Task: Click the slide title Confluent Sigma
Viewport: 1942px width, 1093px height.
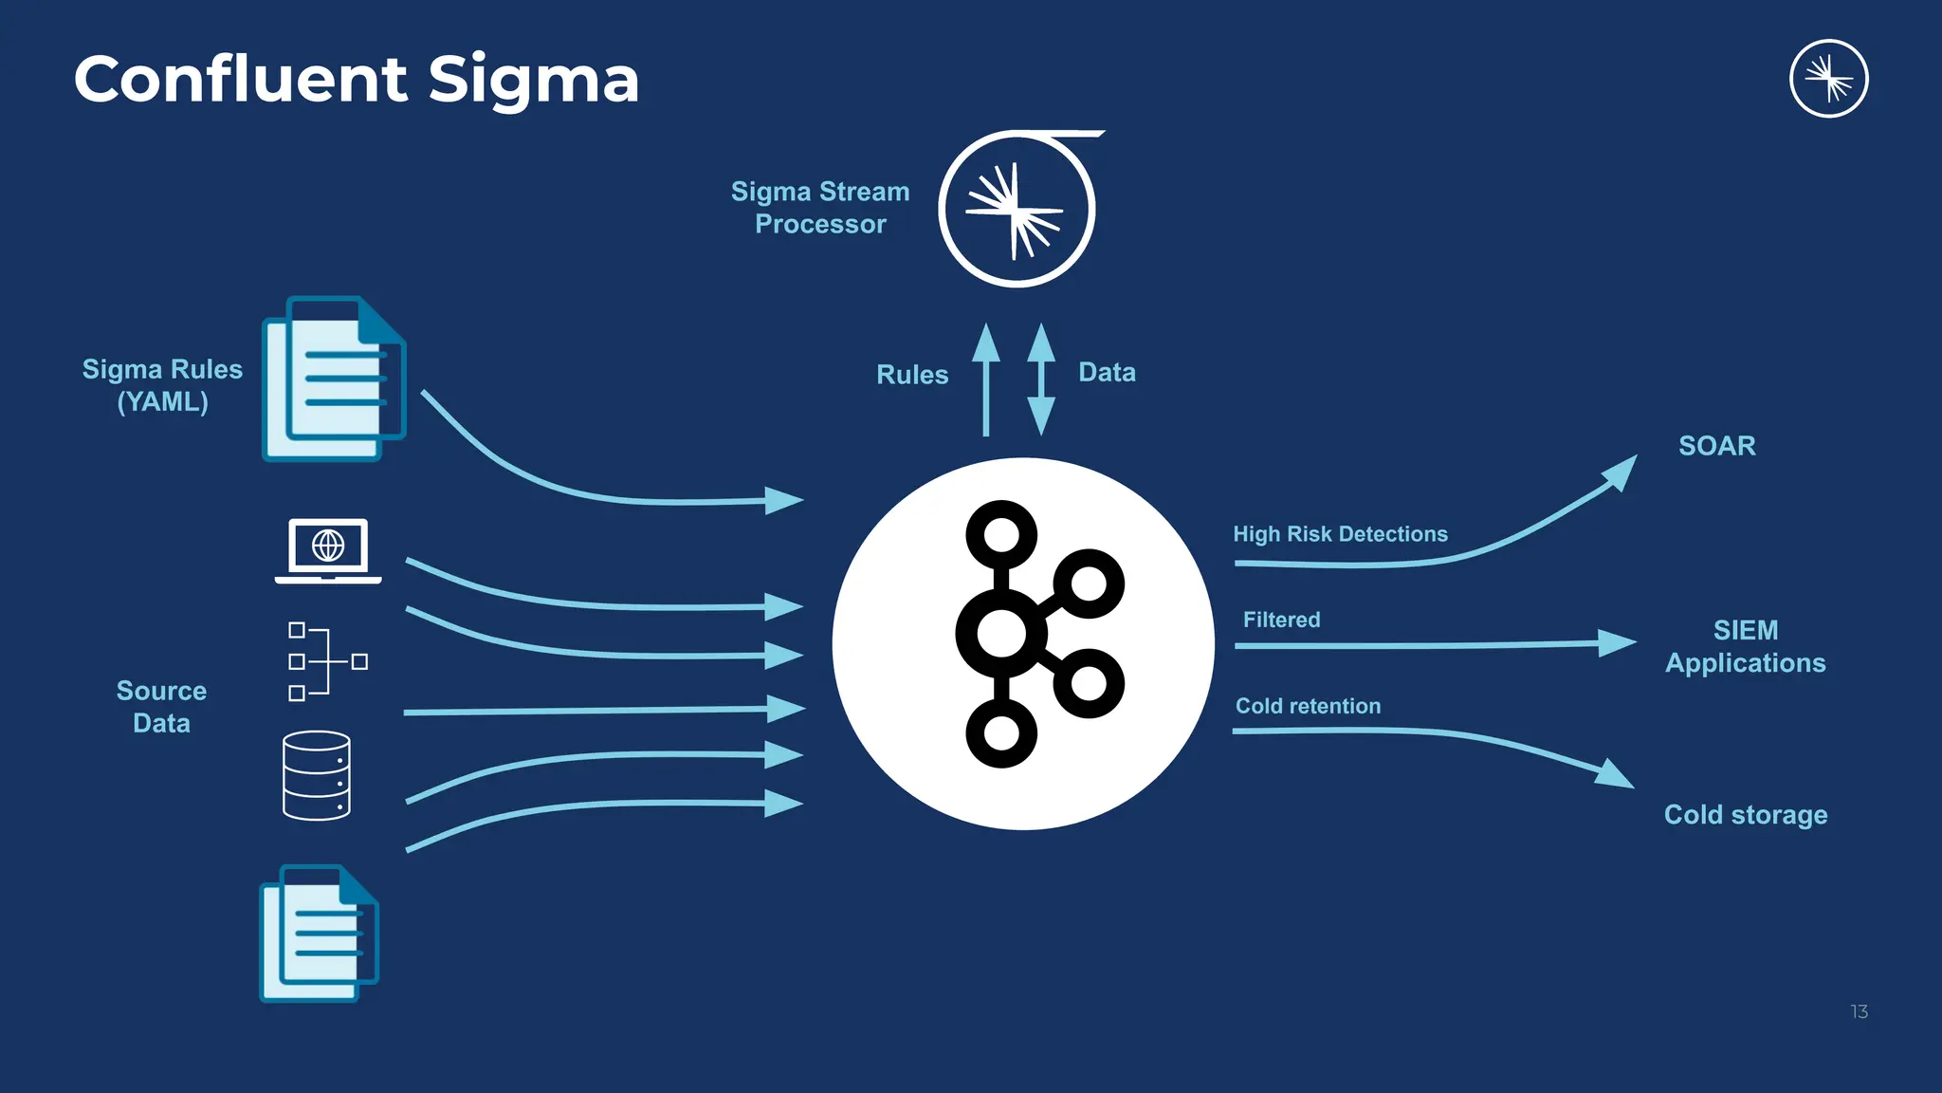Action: point(356,79)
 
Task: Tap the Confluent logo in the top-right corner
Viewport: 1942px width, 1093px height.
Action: point(1828,79)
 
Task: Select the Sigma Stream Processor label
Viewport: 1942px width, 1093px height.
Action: point(820,208)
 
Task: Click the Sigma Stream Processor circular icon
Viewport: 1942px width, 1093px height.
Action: point(1017,210)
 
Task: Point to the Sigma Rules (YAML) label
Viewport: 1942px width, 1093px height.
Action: point(162,385)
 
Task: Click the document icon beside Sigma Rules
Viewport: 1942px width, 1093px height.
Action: point(333,380)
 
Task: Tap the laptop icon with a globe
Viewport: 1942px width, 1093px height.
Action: point(328,550)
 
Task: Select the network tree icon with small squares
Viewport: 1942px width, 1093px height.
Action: point(327,661)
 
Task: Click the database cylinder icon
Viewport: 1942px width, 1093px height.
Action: point(317,775)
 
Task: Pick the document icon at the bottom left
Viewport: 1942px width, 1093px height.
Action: point(319,934)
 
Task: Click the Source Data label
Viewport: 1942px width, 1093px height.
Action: point(161,707)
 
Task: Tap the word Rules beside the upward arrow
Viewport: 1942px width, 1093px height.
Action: point(912,375)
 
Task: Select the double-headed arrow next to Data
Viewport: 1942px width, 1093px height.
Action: point(1041,380)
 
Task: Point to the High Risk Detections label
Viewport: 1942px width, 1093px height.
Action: point(1340,534)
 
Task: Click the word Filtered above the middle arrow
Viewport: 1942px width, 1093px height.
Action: point(1281,620)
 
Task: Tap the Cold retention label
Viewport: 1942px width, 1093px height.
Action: point(1308,706)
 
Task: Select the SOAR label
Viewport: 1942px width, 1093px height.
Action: point(1716,446)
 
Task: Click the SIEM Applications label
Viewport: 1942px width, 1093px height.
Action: point(1745,646)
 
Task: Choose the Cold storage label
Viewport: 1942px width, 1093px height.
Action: point(1745,815)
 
